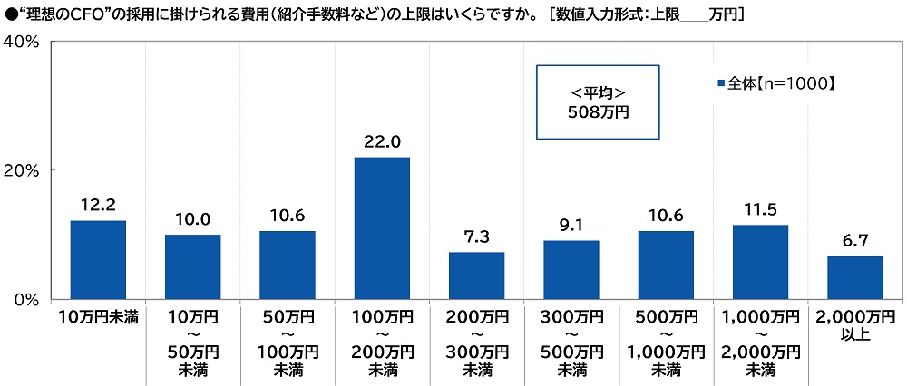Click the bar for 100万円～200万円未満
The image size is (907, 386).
click(382, 228)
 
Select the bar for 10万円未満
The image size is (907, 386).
click(98, 260)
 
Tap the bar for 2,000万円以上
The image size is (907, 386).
click(855, 277)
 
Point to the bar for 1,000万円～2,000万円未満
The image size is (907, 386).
click(760, 262)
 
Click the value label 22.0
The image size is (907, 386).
click(382, 141)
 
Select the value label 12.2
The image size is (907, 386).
click(98, 205)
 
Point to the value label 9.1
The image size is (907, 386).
click(571, 225)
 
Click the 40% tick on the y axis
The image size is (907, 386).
click(20, 42)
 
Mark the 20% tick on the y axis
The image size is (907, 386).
click(20, 170)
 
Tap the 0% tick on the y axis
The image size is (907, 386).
click(24, 299)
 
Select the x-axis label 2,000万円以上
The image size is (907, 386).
click(855, 326)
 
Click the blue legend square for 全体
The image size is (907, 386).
click(721, 83)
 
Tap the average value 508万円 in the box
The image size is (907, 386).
click(598, 112)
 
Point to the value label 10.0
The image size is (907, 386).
click(192, 219)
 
